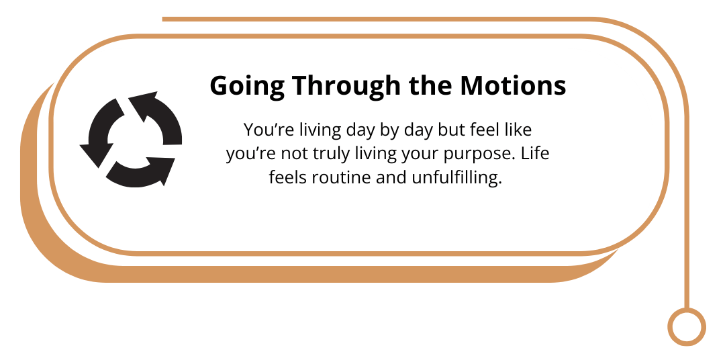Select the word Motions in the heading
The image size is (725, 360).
pos(514,85)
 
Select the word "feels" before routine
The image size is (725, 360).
pos(289,177)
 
